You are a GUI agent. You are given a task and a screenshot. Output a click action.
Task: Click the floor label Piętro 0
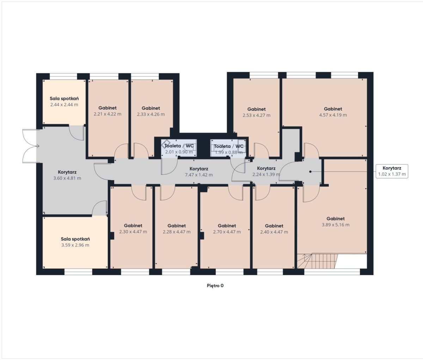pos(215,286)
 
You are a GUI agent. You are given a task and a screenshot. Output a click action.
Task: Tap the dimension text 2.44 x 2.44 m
pos(64,105)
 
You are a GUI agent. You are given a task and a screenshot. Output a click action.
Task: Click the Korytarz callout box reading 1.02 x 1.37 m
pos(392,171)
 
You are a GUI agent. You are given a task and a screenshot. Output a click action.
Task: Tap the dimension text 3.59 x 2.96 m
pos(75,245)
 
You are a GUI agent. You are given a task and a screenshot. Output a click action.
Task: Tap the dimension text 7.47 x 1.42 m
pos(199,175)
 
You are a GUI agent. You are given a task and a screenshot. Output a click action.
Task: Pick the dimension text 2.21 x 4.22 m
pos(108,114)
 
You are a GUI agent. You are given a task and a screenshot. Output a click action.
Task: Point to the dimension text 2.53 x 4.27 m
pos(256,115)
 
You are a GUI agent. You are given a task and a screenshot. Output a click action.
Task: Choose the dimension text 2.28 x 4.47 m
pos(177,232)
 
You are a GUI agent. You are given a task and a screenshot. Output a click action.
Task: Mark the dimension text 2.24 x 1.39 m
pos(266,175)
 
